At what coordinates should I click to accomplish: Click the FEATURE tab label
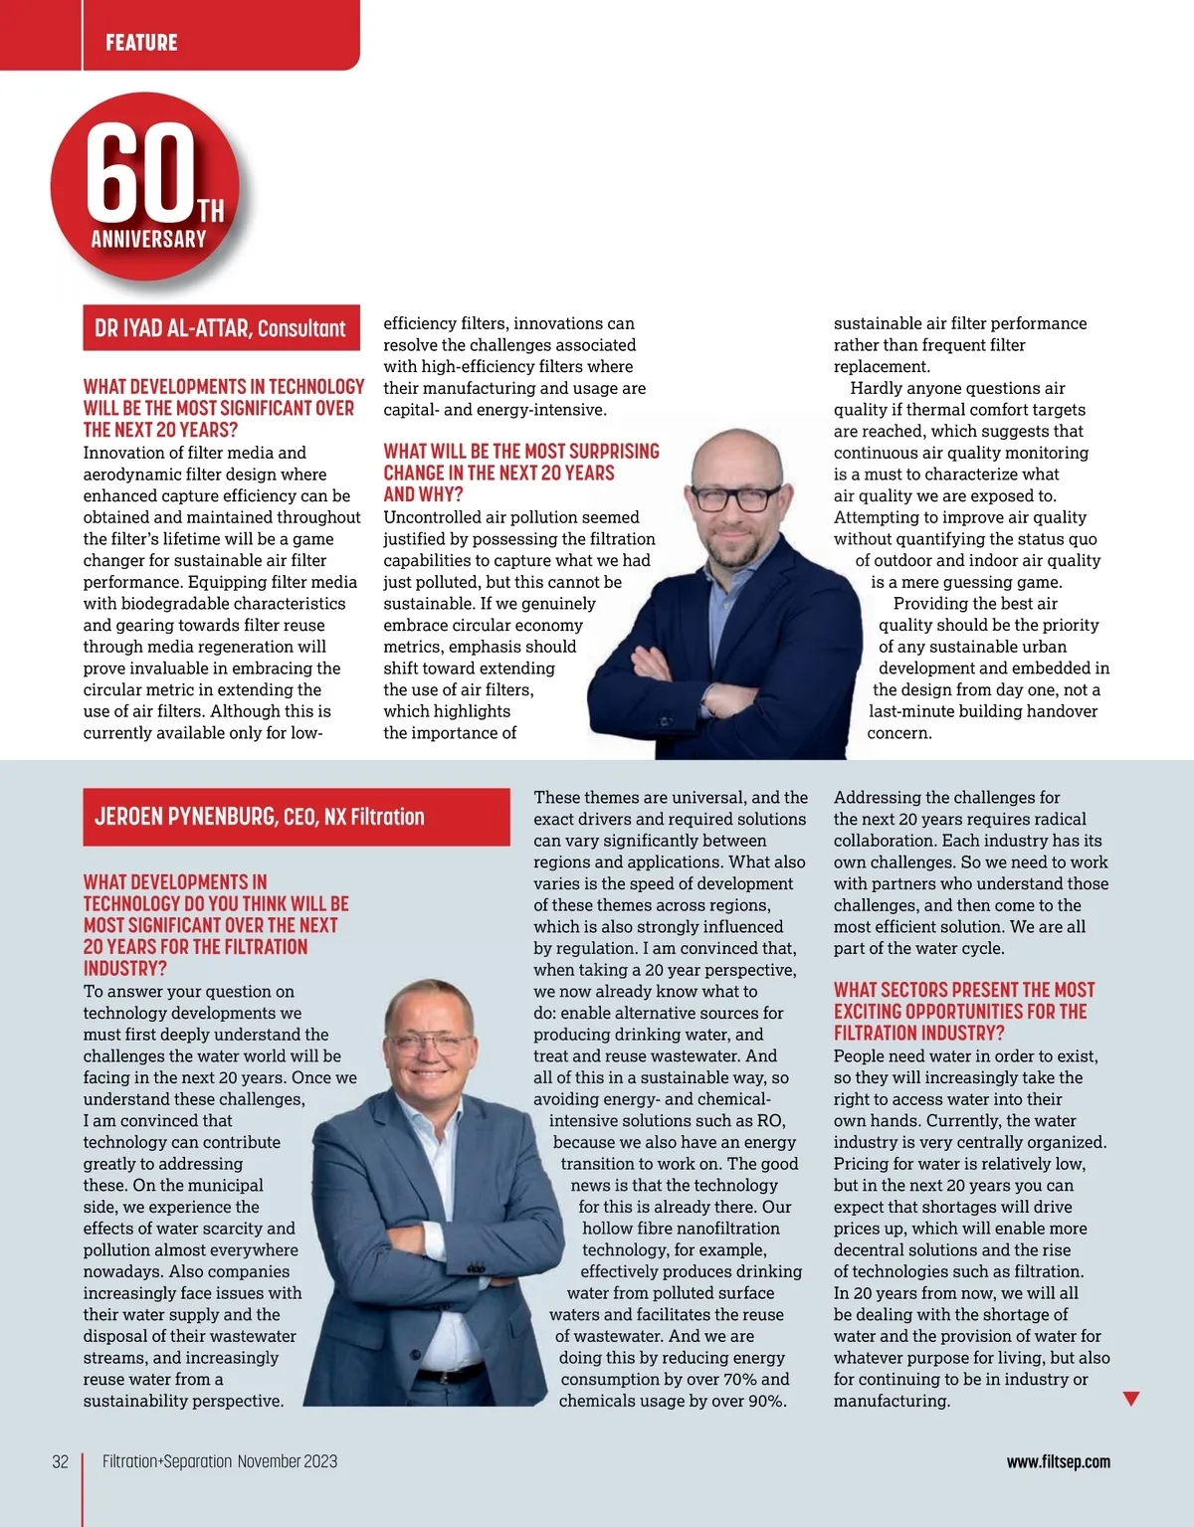(x=141, y=42)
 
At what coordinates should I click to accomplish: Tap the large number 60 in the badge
(x=140, y=171)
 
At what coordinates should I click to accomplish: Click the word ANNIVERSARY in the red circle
(x=148, y=239)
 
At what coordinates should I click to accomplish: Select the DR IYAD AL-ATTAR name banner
(x=221, y=328)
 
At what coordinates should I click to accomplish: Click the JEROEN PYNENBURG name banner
(x=296, y=817)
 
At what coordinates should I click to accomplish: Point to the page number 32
(x=61, y=1461)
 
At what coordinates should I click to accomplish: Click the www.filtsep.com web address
(x=1058, y=1461)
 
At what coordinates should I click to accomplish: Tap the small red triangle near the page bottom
(x=1130, y=1399)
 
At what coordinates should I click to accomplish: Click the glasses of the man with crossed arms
(x=737, y=497)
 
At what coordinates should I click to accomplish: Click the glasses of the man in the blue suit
(x=429, y=1044)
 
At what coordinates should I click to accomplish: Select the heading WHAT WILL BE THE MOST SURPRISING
(x=521, y=452)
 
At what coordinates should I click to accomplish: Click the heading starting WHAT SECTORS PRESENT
(x=963, y=990)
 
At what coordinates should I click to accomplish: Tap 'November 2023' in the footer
(x=288, y=1461)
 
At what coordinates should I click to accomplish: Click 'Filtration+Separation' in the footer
(x=167, y=1461)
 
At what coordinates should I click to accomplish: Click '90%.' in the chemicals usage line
(x=765, y=1401)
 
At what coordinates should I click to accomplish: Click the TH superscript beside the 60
(x=210, y=211)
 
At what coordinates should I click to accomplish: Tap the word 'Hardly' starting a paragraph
(x=875, y=388)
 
